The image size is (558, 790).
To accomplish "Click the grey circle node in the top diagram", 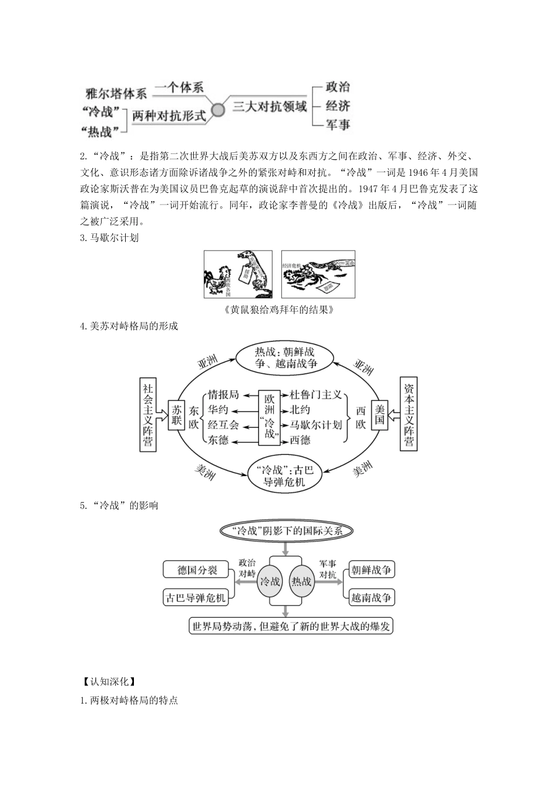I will (218, 110).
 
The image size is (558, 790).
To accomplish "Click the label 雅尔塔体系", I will (116, 93).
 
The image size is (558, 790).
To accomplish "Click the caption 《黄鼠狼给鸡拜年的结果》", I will (279, 309).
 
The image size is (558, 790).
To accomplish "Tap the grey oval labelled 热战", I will (301, 581).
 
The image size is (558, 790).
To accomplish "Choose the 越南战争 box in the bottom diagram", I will (371, 598).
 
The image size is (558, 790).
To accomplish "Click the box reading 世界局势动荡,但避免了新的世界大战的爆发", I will (291, 626).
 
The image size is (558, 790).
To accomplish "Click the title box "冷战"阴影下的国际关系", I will (286, 530).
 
